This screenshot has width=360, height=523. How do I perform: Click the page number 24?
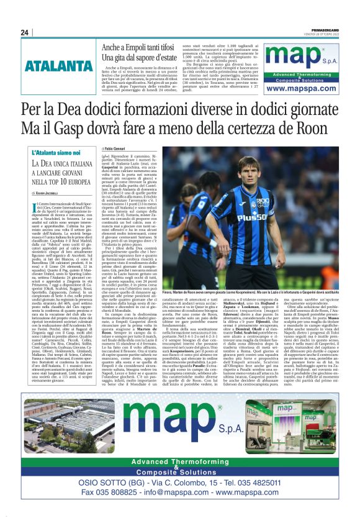click(x=24, y=33)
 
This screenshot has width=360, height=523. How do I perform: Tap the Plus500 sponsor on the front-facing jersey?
click(x=248, y=217)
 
